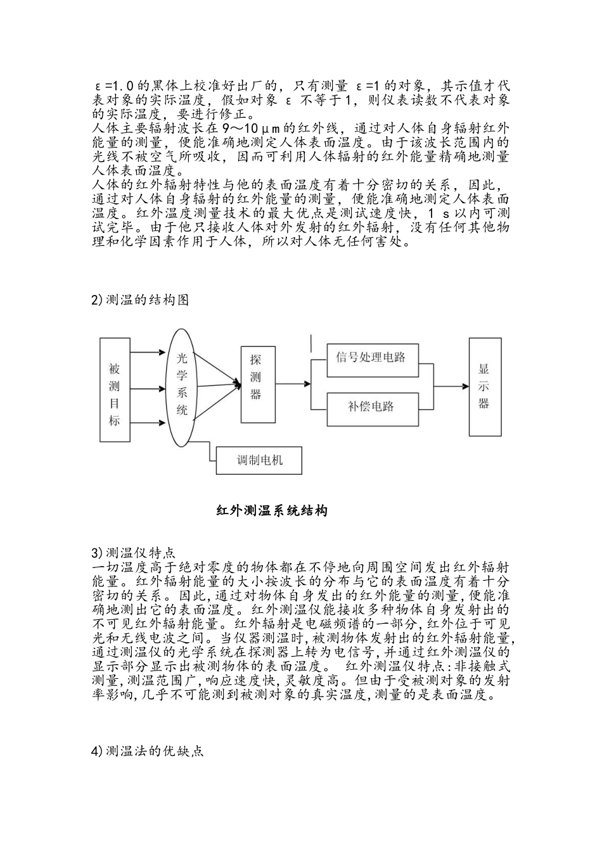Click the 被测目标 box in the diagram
(x=115, y=389)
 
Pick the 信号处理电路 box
(x=371, y=356)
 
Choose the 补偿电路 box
(x=371, y=407)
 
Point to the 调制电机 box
(x=259, y=460)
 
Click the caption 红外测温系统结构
(x=272, y=510)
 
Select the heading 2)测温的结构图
(x=140, y=300)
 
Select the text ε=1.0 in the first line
(x=114, y=86)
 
